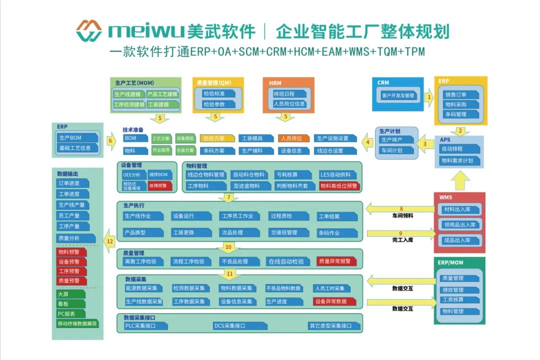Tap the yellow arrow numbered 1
pos(428,97)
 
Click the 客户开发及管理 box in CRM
pos(398,95)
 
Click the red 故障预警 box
pos(160,185)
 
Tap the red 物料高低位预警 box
pos(339,186)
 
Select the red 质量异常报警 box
pos(336,261)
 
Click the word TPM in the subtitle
pos(414,51)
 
